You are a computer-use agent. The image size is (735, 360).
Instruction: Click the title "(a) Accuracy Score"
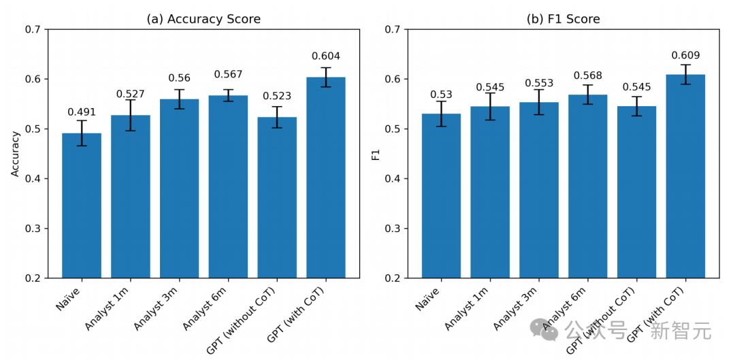pyautogui.click(x=203, y=19)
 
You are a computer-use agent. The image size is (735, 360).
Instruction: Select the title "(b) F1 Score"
pyautogui.click(x=563, y=19)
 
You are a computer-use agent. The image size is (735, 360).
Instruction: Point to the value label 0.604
pyautogui.click(x=326, y=56)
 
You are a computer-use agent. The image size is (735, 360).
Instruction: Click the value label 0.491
pyautogui.click(x=82, y=112)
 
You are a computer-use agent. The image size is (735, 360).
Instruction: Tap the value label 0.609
pyautogui.click(x=685, y=55)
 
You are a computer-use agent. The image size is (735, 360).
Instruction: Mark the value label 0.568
pyautogui.click(x=588, y=76)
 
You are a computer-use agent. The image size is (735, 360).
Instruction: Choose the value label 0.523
pyautogui.click(x=277, y=96)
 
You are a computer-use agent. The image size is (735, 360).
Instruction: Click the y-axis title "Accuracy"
pyautogui.click(x=16, y=154)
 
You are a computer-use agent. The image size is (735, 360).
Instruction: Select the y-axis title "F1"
pyautogui.click(x=376, y=154)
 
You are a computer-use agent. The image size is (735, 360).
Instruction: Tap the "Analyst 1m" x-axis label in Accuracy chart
pyautogui.click(x=109, y=308)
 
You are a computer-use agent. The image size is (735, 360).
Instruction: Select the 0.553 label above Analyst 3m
pyautogui.click(x=539, y=83)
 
